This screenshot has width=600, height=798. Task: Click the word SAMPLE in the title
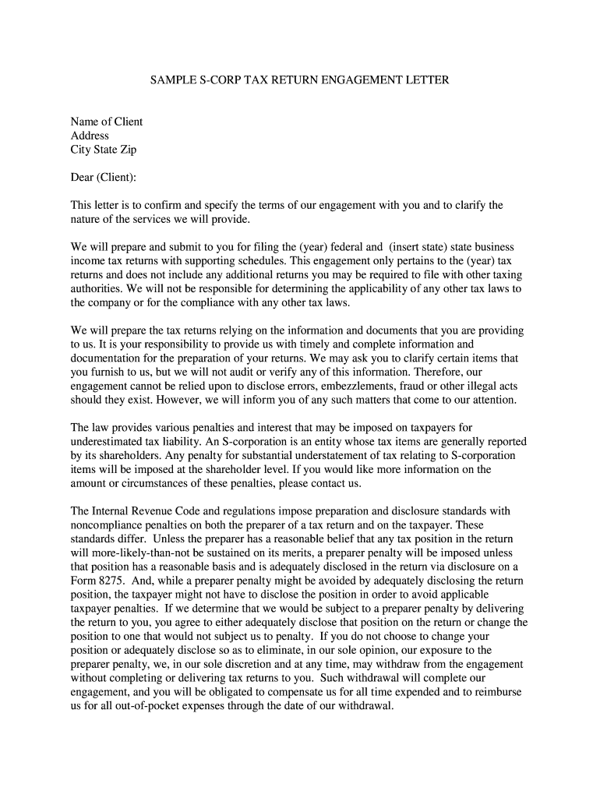pyautogui.click(x=172, y=80)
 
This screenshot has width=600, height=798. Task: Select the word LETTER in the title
pyautogui.click(x=426, y=80)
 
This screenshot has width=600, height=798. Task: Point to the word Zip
pyautogui.click(x=127, y=150)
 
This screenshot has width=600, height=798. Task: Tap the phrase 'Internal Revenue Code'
pyautogui.click(x=148, y=511)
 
